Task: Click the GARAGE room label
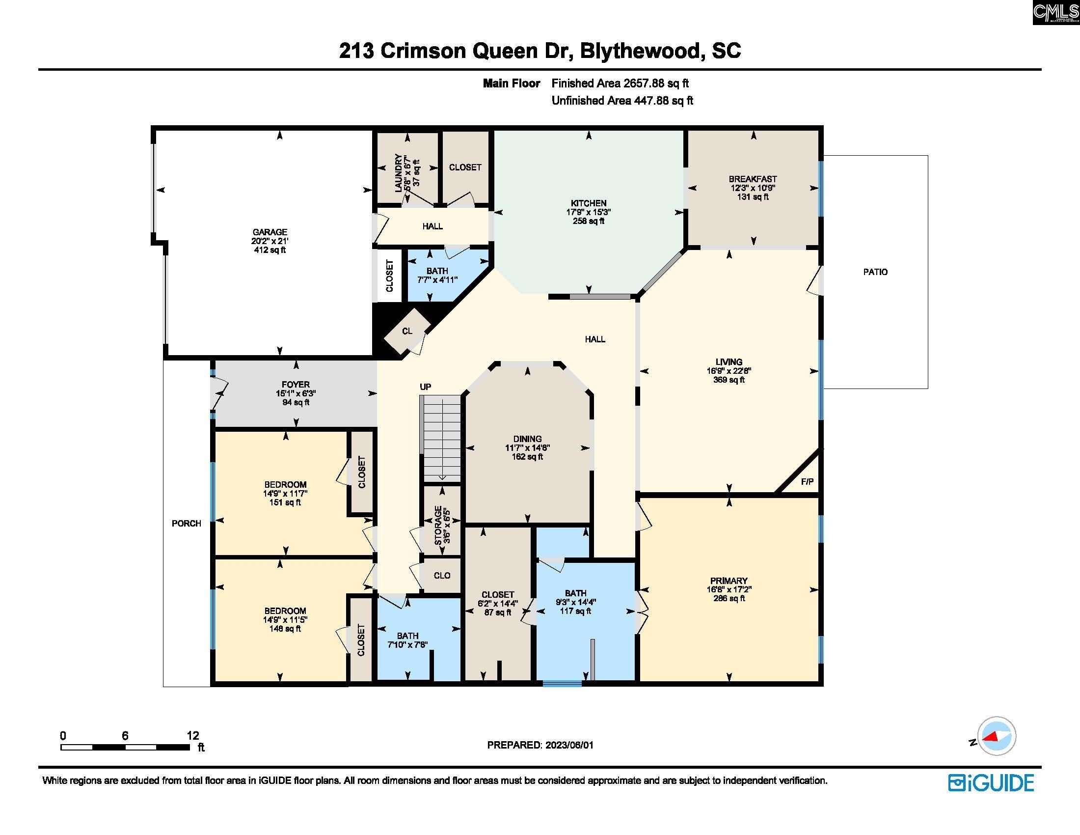tap(270, 232)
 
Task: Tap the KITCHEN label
tap(589, 203)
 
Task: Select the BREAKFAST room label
tap(753, 179)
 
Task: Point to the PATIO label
tap(875, 272)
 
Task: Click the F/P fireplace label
tap(807, 481)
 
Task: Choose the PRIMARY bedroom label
tap(729, 581)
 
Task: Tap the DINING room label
tap(527, 439)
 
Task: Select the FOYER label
tap(296, 385)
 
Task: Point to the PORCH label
tap(187, 524)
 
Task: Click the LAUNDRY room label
tap(398, 172)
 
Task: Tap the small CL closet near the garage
tap(407, 331)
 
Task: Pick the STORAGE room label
tap(437, 526)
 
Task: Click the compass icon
tap(997, 737)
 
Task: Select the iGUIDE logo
tap(991, 782)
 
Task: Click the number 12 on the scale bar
tap(193, 736)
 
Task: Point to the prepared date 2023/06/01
tap(569, 745)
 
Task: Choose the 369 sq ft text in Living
tap(729, 380)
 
